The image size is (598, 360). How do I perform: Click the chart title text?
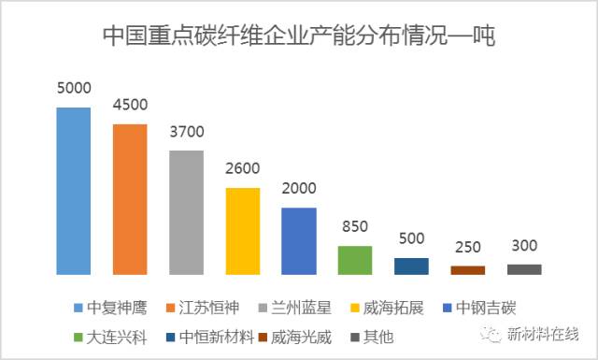298,36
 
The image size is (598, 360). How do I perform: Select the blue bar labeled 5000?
74,191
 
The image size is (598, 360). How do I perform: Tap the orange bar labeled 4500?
130,199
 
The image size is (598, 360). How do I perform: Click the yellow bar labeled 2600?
243,231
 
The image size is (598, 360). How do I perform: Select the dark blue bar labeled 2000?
299,241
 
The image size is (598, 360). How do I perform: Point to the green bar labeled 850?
355,261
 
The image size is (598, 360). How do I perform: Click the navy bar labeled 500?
411,266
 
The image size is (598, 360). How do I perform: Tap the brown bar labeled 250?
467,270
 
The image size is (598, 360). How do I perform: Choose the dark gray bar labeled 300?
524,269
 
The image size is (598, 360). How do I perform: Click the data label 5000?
74,90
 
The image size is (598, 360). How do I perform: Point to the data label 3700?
186,132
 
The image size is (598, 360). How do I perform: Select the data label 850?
355,228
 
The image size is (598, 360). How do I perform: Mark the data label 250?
467,248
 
